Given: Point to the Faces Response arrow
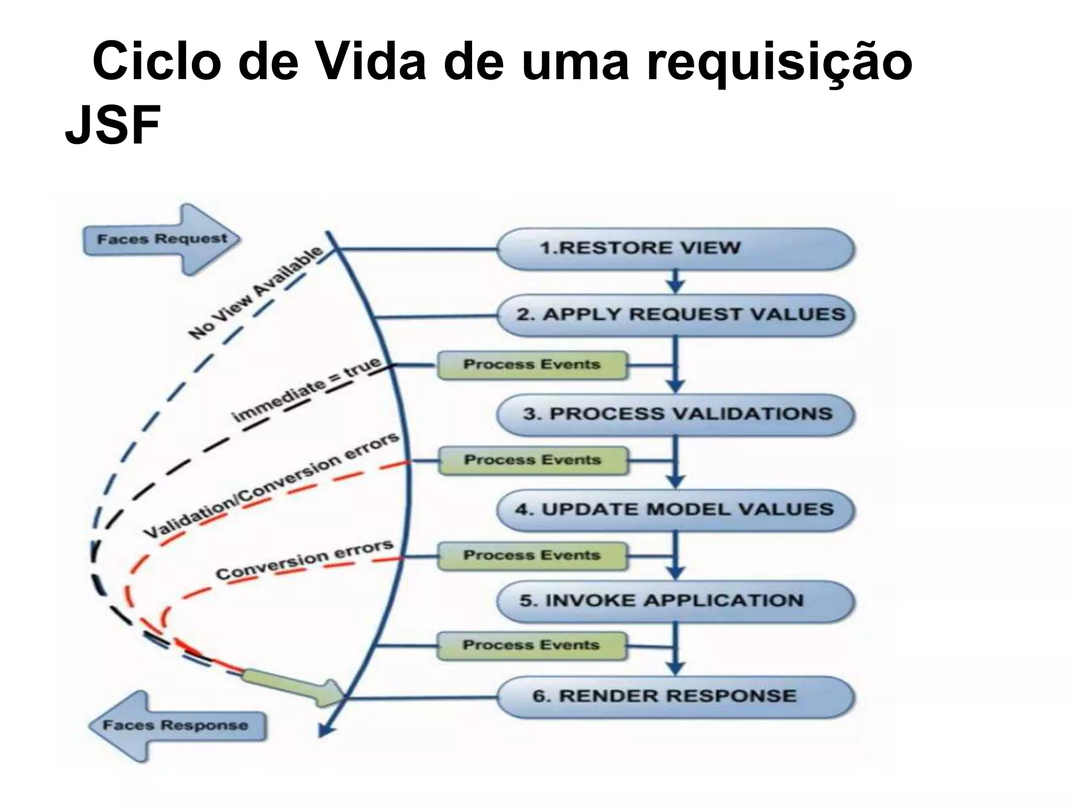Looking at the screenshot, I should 176,725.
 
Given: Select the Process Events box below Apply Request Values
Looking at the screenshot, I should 532,365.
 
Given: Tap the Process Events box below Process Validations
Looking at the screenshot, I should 532,460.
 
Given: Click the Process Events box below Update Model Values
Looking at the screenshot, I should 532,556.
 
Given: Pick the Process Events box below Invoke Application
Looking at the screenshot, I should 531,645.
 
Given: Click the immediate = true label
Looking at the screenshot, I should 306,390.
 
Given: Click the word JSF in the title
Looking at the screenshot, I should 112,126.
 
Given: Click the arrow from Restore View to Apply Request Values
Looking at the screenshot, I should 676,282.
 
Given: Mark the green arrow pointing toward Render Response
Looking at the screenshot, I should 293,687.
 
